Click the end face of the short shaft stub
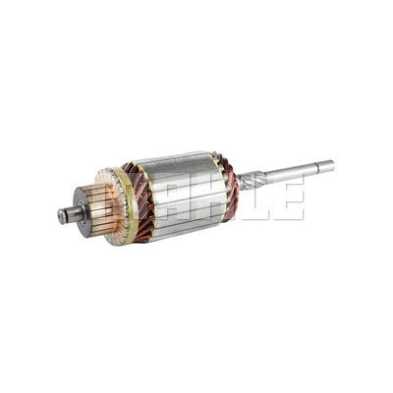click(x=61, y=216)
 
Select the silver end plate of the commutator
click(x=81, y=211)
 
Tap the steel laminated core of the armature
click(x=184, y=195)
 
